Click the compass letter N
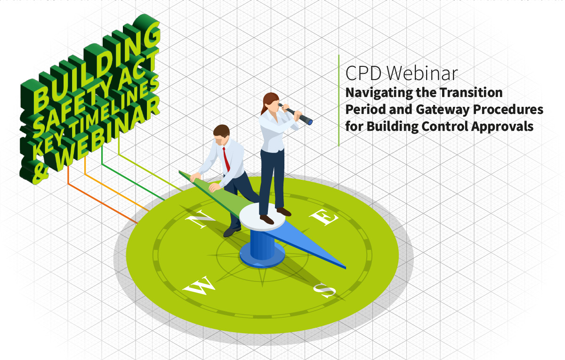201,218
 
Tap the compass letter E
324,217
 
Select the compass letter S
325,290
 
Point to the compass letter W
199,285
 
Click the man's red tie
226,160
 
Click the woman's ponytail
264,106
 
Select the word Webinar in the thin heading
422,73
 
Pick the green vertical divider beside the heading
339,100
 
